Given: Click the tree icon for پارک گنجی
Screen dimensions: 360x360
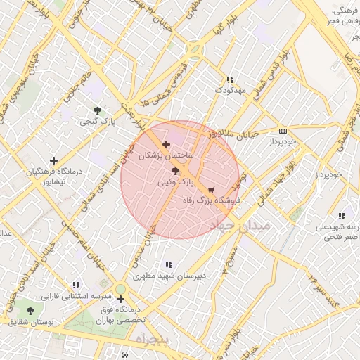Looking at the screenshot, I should [97, 110].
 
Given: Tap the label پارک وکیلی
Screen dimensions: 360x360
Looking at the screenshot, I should [175, 181].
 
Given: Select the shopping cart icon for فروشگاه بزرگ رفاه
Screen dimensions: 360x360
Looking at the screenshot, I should [210, 190].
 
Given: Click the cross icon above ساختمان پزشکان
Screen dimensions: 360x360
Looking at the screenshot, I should [166, 144].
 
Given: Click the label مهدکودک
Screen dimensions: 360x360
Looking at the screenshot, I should [229, 91].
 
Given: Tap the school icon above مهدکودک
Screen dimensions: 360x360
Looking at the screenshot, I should [229, 80].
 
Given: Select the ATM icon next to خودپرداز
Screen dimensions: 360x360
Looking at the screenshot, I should [283, 131].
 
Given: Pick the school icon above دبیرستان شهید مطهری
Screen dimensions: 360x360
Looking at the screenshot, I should [169, 264].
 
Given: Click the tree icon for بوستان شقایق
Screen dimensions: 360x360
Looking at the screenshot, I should [30, 310].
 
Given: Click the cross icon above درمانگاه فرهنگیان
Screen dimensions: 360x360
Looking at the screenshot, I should [53, 161].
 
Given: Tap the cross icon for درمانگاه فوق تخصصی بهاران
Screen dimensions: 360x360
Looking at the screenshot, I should [121, 300].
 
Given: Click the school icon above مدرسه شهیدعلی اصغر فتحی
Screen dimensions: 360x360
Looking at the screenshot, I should [342, 216].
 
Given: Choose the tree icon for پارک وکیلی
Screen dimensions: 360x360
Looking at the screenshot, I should [175, 170].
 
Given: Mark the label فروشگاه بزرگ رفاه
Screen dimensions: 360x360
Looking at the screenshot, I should [214, 200].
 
